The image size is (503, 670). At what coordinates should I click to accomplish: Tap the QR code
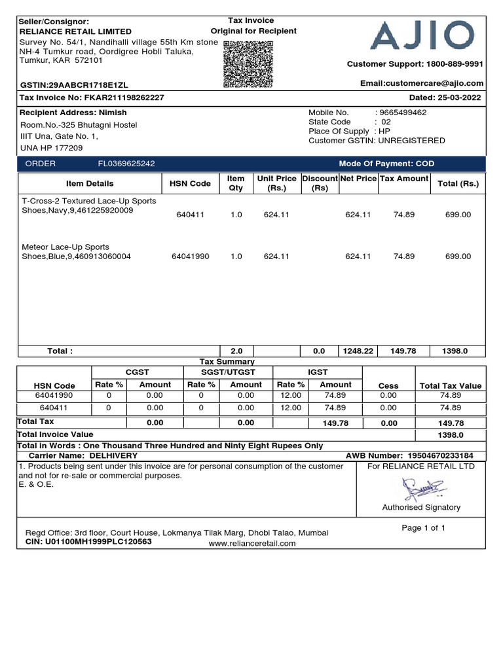(x=248, y=64)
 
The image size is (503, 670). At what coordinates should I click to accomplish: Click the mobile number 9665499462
(x=403, y=113)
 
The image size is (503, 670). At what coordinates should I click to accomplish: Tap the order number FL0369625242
(x=126, y=164)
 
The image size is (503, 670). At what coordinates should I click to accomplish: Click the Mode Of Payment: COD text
(x=386, y=164)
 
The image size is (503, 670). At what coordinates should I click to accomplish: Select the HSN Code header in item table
(x=190, y=183)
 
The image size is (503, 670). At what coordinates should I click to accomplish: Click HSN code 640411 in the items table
(x=190, y=215)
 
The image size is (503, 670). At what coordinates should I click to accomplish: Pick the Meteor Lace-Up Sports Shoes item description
(x=77, y=252)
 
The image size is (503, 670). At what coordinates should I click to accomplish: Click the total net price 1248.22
(x=358, y=351)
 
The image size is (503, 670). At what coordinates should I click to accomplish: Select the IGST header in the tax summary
(x=318, y=372)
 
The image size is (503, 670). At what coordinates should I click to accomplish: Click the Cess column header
(x=388, y=385)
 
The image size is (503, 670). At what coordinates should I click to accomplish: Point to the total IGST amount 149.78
(x=336, y=423)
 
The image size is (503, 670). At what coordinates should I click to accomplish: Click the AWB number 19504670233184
(x=445, y=455)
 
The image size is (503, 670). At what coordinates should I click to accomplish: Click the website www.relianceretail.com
(x=252, y=543)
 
